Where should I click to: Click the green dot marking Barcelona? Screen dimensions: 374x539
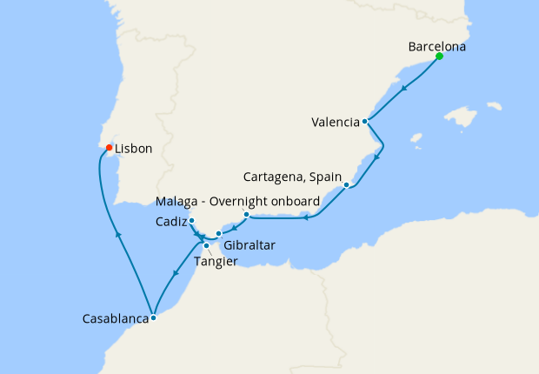tap(439, 57)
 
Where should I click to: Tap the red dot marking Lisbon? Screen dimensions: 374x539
tap(109, 148)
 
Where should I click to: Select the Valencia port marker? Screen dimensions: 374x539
tap(365, 122)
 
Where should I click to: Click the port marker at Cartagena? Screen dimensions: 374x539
tap(346, 184)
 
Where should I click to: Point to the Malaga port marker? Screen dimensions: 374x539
tap(247, 214)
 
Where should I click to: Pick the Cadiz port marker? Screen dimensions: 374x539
tap(191, 221)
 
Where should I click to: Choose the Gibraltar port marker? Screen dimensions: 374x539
tap(219, 233)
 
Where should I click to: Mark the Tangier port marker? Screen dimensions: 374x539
tap(206, 246)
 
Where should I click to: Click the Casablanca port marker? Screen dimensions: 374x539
tap(153, 317)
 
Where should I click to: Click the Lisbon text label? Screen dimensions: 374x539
tap(134, 149)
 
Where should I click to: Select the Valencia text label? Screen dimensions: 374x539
tap(335, 123)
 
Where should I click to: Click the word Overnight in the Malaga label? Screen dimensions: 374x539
tap(237, 203)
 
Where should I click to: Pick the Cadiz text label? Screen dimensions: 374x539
tap(170, 222)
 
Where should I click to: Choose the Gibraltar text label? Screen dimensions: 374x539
tap(249, 245)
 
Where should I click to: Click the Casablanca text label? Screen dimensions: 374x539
tap(114, 319)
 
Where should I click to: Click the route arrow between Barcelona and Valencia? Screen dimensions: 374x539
tap(405, 87)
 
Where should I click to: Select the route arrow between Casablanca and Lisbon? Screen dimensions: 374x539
tap(116, 232)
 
